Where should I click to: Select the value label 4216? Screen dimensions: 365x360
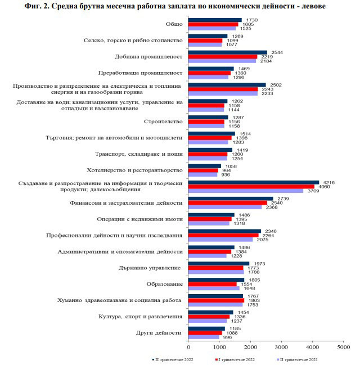pyautogui.click(x=327, y=182)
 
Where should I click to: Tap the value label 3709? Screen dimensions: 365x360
pyautogui.click(x=310, y=191)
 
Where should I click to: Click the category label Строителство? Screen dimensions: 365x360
pyautogui.click(x=164, y=121)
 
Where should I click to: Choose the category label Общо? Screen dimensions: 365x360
pyautogui.click(x=174, y=24)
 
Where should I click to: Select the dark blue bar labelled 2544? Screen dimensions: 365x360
pyautogui.click(x=227, y=52)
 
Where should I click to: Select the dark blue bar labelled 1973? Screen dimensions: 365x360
pyautogui.click(x=219, y=263)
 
